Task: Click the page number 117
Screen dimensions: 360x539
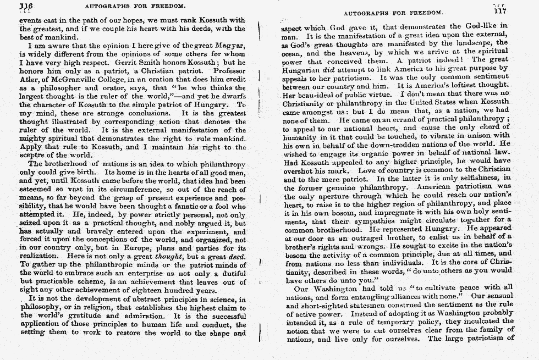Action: pos(500,11)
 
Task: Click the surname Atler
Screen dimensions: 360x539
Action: pos(30,80)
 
